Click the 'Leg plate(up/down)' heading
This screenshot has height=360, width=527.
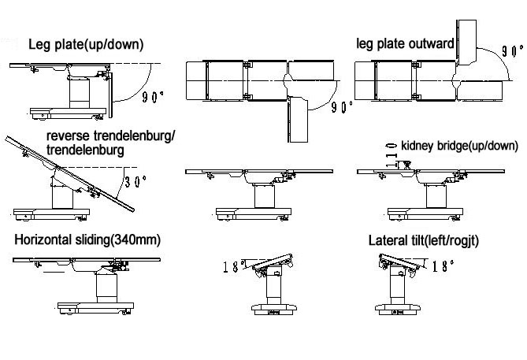click(86, 44)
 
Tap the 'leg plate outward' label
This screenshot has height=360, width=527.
click(405, 43)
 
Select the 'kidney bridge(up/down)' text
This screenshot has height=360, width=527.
click(460, 146)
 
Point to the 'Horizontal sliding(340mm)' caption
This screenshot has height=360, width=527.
click(87, 240)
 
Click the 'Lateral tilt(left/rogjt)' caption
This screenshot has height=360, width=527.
click(424, 241)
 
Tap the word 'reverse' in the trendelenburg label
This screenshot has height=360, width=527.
click(68, 136)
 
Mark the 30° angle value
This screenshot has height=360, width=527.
click(135, 181)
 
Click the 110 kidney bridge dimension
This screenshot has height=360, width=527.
click(392, 155)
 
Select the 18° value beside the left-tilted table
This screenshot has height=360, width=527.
click(232, 267)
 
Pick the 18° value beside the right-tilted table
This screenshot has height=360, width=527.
click(443, 266)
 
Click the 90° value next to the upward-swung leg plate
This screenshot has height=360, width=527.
click(512, 51)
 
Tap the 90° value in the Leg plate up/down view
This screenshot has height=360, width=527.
click(153, 97)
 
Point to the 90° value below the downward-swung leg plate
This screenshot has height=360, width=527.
click(342, 107)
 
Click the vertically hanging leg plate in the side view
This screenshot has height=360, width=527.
click(110, 95)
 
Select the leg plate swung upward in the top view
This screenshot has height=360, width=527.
click(466, 43)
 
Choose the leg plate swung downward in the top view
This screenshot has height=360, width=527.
click(298, 120)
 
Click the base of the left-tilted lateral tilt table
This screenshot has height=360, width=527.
click(274, 309)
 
